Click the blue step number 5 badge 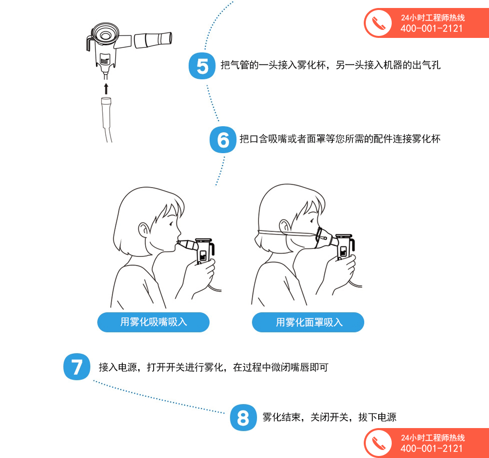coord(202,66)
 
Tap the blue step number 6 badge coord(223,139)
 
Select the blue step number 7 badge coord(77,367)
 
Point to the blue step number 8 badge coord(244,418)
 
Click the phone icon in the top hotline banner coord(378,23)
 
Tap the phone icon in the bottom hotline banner coord(378,443)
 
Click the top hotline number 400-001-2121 coord(432,28)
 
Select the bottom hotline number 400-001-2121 coord(432,449)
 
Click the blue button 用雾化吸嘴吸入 coord(153,322)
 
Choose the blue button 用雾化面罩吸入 coord(308,322)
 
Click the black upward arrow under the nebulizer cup coord(106,88)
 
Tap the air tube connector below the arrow coord(106,112)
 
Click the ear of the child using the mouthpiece coord(144,230)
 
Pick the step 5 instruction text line coord(330,65)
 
